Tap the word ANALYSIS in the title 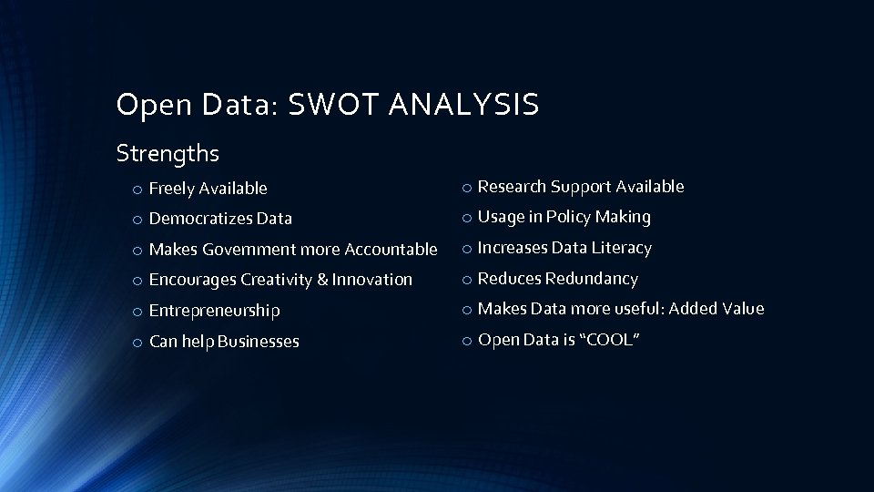tap(464, 106)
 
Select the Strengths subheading tap(168, 153)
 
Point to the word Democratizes tap(201, 219)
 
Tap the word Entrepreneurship tap(214, 311)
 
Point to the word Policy tap(569, 217)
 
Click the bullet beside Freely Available tap(135, 190)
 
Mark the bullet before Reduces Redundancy tap(464, 280)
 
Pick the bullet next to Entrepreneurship tap(135, 312)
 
